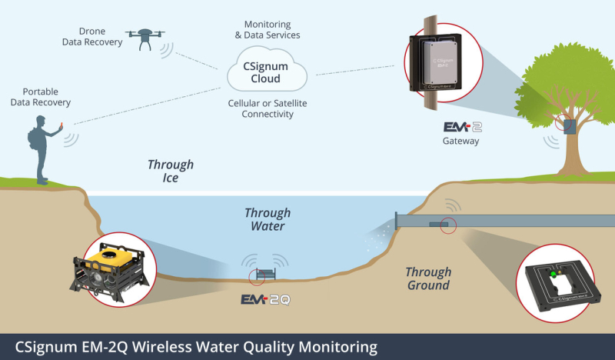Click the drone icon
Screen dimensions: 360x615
pyautogui.click(x=145, y=37)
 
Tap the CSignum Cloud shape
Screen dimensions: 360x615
pyautogui.click(x=267, y=72)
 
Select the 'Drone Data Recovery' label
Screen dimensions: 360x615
pyautogui.click(x=92, y=36)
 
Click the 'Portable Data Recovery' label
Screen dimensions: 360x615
pyautogui.click(x=46, y=97)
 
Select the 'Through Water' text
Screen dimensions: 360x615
pyautogui.click(x=268, y=219)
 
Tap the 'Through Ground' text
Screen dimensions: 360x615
pyautogui.click(x=428, y=278)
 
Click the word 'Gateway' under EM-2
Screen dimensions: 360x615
pyautogui.click(x=461, y=141)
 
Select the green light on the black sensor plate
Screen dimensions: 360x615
pyautogui.click(x=551, y=273)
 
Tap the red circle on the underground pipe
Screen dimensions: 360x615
pyautogui.click(x=449, y=225)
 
